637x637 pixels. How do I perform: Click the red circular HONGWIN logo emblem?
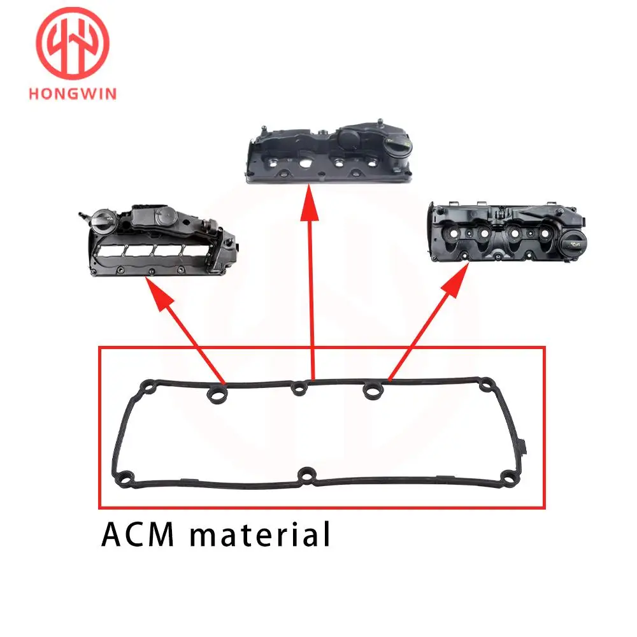click(x=73, y=43)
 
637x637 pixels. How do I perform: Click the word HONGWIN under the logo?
click(x=73, y=94)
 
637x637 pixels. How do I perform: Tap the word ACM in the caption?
click(x=138, y=534)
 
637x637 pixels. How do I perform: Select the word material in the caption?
click(x=260, y=534)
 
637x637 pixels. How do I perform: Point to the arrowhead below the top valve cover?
click(x=310, y=203)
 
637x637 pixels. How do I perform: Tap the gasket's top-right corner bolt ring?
click(x=486, y=384)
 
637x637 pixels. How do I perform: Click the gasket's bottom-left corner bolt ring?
click(x=125, y=478)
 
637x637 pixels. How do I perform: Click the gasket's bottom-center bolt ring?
click(x=307, y=476)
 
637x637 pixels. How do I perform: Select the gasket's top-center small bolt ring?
click(x=299, y=389)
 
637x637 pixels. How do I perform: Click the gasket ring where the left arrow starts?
click(x=217, y=393)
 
